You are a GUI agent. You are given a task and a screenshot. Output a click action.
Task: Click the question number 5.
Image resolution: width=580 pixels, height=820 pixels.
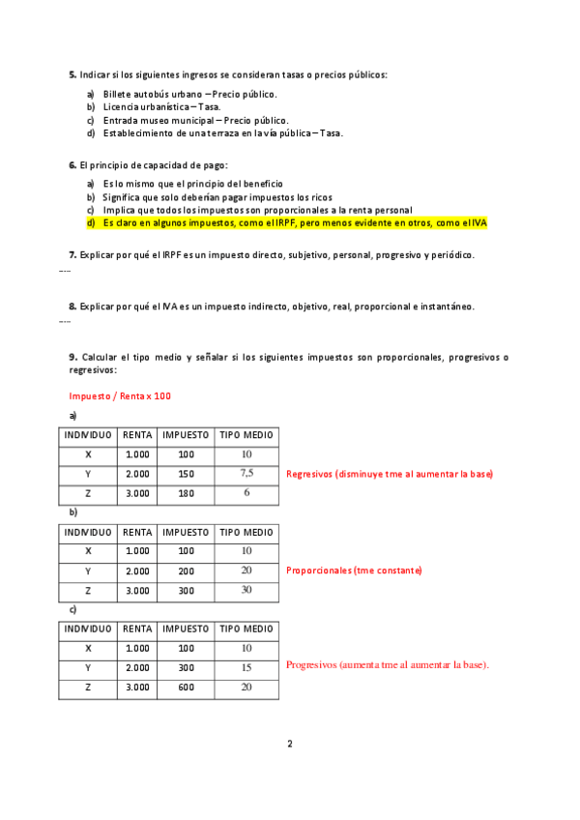click(x=72, y=74)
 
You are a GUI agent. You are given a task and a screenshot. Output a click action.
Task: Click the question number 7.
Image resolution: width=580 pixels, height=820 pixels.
click(x=72, y=255)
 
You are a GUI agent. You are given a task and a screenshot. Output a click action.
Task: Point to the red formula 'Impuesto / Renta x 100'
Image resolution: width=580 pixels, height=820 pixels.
click(x=120, y=395)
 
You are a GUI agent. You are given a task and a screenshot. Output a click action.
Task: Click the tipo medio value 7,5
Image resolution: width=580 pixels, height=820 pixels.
click(x=246, y=473)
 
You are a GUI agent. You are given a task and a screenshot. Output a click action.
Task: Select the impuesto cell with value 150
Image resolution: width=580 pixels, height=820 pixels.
click(x=186, y=474)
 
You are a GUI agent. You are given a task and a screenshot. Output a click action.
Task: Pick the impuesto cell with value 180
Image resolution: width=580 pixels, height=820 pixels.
click(x=186, y=493)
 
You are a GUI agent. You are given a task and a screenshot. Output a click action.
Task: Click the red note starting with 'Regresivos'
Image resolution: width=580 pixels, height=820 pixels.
click(x=390, y=474)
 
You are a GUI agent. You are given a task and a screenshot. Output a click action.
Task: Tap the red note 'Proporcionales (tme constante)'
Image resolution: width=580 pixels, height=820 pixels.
click(x=354, y=571)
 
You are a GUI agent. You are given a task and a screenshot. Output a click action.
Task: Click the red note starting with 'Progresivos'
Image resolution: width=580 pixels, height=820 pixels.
click(x=388, y=665)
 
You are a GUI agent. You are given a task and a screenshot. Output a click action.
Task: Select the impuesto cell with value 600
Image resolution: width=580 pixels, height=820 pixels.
click(x=186, y=687)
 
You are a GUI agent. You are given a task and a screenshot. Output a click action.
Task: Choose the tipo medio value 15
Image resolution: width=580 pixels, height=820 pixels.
click(x=246, y=667)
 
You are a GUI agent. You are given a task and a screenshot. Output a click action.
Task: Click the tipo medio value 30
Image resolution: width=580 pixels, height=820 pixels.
click(x=246, y=590)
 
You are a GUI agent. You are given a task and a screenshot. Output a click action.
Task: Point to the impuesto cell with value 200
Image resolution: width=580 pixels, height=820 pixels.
click(x=186, y=571)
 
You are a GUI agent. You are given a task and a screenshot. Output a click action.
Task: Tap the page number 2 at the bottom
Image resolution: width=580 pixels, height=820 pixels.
click(x=289, y=744)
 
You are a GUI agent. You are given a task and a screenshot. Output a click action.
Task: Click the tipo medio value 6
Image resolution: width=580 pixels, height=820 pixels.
click(x=246, y=493)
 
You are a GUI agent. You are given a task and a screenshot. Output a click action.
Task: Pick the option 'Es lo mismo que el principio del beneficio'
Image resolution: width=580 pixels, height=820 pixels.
click(x=192, y=184)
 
